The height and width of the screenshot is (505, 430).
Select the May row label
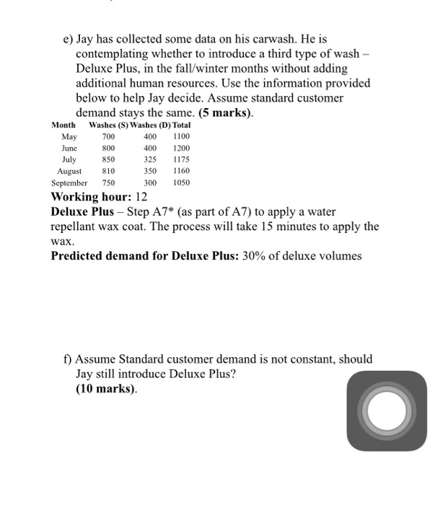tap(69, 136)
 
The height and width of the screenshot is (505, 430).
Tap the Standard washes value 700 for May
tap(108, 136)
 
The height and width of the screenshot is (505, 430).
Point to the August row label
tap(69, 171)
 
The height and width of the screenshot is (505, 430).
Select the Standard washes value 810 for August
tap(108, 171)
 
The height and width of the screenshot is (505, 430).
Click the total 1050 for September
tap(180, 183)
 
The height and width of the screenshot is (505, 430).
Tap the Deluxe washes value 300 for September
tap(150, 183)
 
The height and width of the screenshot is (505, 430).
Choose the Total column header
tap(181, 125)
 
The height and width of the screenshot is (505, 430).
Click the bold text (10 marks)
tap(106, 389)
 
